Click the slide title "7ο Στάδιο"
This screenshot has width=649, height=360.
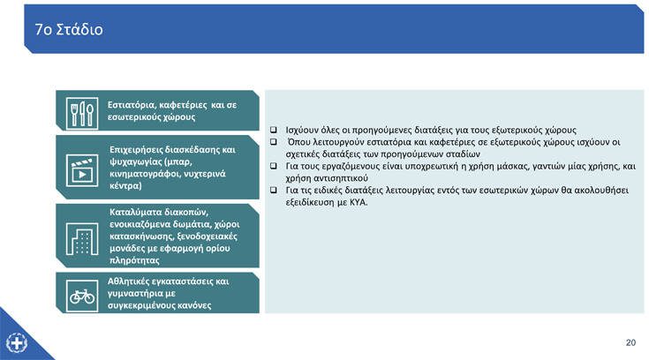pyautogui.click(x=69, y=29)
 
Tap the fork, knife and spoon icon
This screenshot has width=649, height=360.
pyautogui.click(x=82, y=113)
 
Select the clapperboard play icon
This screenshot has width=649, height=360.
pyautogui.click(x=82, y=170)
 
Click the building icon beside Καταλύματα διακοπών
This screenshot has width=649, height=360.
pyautogui.click(x=82, y=239)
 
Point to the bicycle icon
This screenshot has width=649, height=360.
pyautogui.click(x=82, y=296)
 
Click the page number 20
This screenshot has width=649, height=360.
pyautogui.click(x=630, y=342)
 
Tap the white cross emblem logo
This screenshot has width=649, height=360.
pyautogui.click(x=17, y=343)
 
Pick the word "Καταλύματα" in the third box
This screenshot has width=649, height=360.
pyautogui.click(x=135, y=213)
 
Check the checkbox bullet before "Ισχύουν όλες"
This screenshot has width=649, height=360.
pyautogui.click(x=273, y=130)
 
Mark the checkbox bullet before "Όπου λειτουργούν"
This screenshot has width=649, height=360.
pyautogui.click(x=273, y=142)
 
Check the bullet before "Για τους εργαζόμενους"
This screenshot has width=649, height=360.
pyautogui.click(x=273, y=166)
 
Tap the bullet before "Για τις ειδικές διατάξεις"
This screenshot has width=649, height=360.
pyautogui.click(x=273, y=191)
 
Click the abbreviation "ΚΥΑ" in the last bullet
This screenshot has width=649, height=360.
pyautogui.click(x=358, y=203)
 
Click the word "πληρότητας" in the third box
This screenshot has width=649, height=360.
pyautogui.click(x=134, y=260)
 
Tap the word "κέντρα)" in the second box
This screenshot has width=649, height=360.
pyautogui.click(x=125, y=186)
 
